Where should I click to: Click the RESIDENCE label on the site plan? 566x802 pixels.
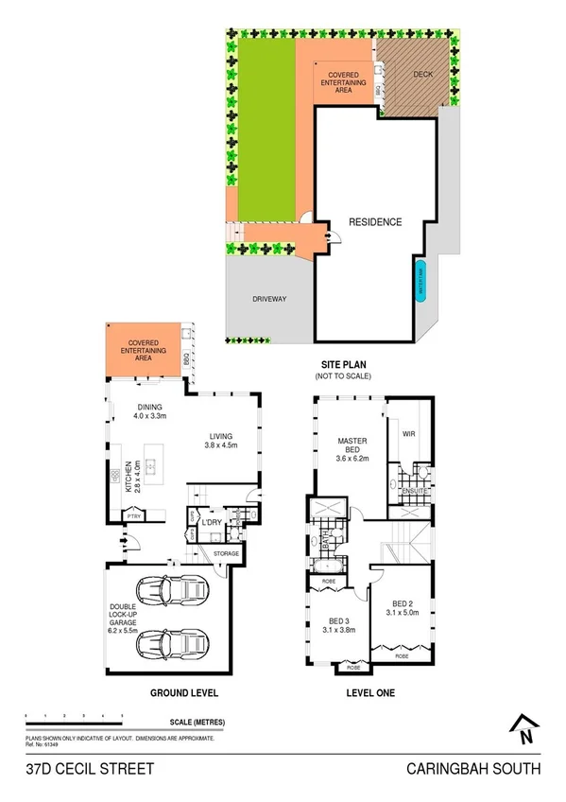[x=375, y=223]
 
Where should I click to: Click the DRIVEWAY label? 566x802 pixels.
[x=269, y=299]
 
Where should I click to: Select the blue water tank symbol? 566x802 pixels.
[x=421, y=280]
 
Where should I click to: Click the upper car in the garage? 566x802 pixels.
[x=179, y=593]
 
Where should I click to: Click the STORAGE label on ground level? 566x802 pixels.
[x=225, y=553]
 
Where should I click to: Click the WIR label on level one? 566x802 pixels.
[x=408, y=435]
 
